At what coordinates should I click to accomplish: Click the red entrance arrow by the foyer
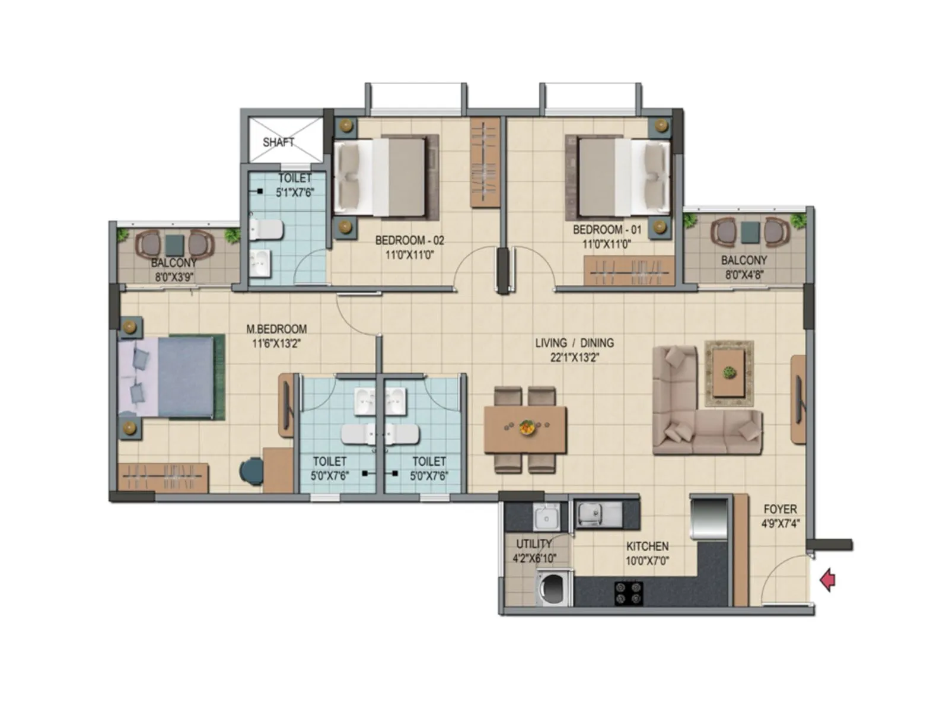click(827, 580)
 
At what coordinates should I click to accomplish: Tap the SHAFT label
click(278, 142)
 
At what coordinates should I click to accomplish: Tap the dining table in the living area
click(525, 428)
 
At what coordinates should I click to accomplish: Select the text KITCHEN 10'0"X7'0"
click(647, 553)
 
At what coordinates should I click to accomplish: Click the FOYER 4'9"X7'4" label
click(780, 516)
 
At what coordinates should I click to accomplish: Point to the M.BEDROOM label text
click(276, 329)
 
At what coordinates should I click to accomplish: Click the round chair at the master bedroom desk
click(251, 471)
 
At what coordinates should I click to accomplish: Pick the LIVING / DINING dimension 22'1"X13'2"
click(574, 357)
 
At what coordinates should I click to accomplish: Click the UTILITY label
click(533, 543)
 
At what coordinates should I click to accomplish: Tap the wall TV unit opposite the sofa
click(798, 399)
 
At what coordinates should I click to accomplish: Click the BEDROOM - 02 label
click(409, 240)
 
